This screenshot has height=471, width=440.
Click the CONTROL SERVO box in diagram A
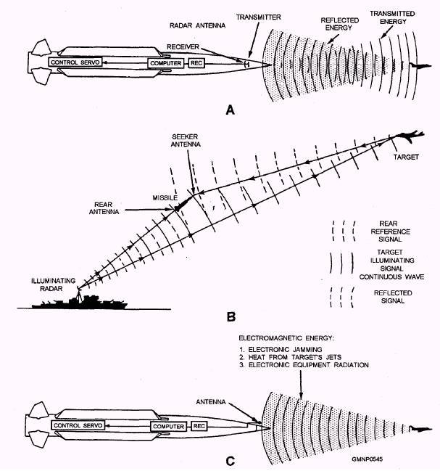pyautogui.click(x=74, y=63)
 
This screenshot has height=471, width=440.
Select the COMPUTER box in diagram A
pyautogui.click(x=165, y=64)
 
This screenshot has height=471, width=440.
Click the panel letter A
pyautogui.click(x=231, y=110)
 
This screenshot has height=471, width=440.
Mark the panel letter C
pyautogui.click(x=230, y=458)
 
